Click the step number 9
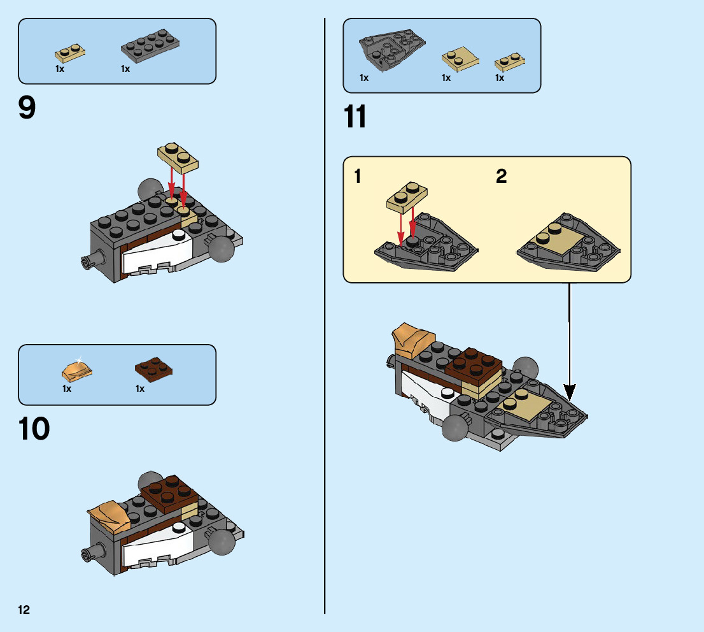click(27, 108)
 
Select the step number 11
click(355, 117)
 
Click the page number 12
click(24, 610)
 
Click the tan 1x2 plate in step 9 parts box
click(70, 54)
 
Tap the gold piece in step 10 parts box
click(77, 370)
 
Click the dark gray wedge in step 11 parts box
click(391, 49)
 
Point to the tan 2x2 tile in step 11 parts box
click(460, 59)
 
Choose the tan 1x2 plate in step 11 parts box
click(510, 62)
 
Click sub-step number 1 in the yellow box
click(358, 176)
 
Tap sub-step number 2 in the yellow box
click(502, 176)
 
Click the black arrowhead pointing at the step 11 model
click(569, 392)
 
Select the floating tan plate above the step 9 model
click(178, 158)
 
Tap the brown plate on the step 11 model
click(473, 364)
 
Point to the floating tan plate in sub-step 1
click(407, 197)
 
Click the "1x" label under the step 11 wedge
click(364, 78)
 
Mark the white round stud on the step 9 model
click(179, 234)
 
